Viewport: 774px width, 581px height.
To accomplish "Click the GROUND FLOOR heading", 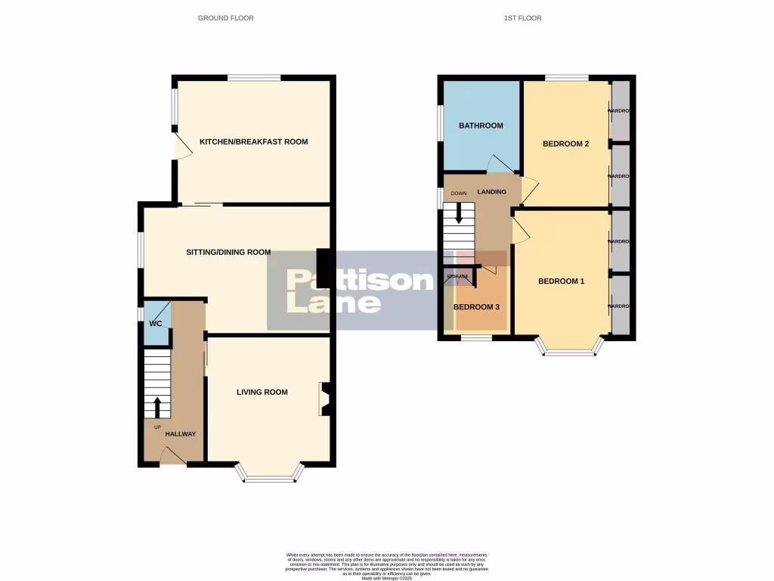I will pos(225,18).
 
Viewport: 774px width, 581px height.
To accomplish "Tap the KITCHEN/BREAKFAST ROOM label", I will pos(253,141).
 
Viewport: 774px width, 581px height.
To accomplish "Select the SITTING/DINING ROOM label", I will pos(228,252).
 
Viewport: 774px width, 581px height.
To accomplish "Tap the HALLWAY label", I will pos(181,434).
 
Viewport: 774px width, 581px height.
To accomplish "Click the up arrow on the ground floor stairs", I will pos(157,407).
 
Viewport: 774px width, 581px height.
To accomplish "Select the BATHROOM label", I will pos(481,126).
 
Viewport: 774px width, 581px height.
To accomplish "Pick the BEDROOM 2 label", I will pos(565,144).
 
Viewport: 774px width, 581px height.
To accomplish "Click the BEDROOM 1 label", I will pos(561,281).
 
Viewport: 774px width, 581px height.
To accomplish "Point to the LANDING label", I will pos(491,192).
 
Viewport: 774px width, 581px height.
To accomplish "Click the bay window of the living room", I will pos(270,475).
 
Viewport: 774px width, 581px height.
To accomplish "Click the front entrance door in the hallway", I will pos(173,456).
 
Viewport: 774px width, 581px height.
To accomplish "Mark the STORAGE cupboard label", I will pos(457,277).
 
